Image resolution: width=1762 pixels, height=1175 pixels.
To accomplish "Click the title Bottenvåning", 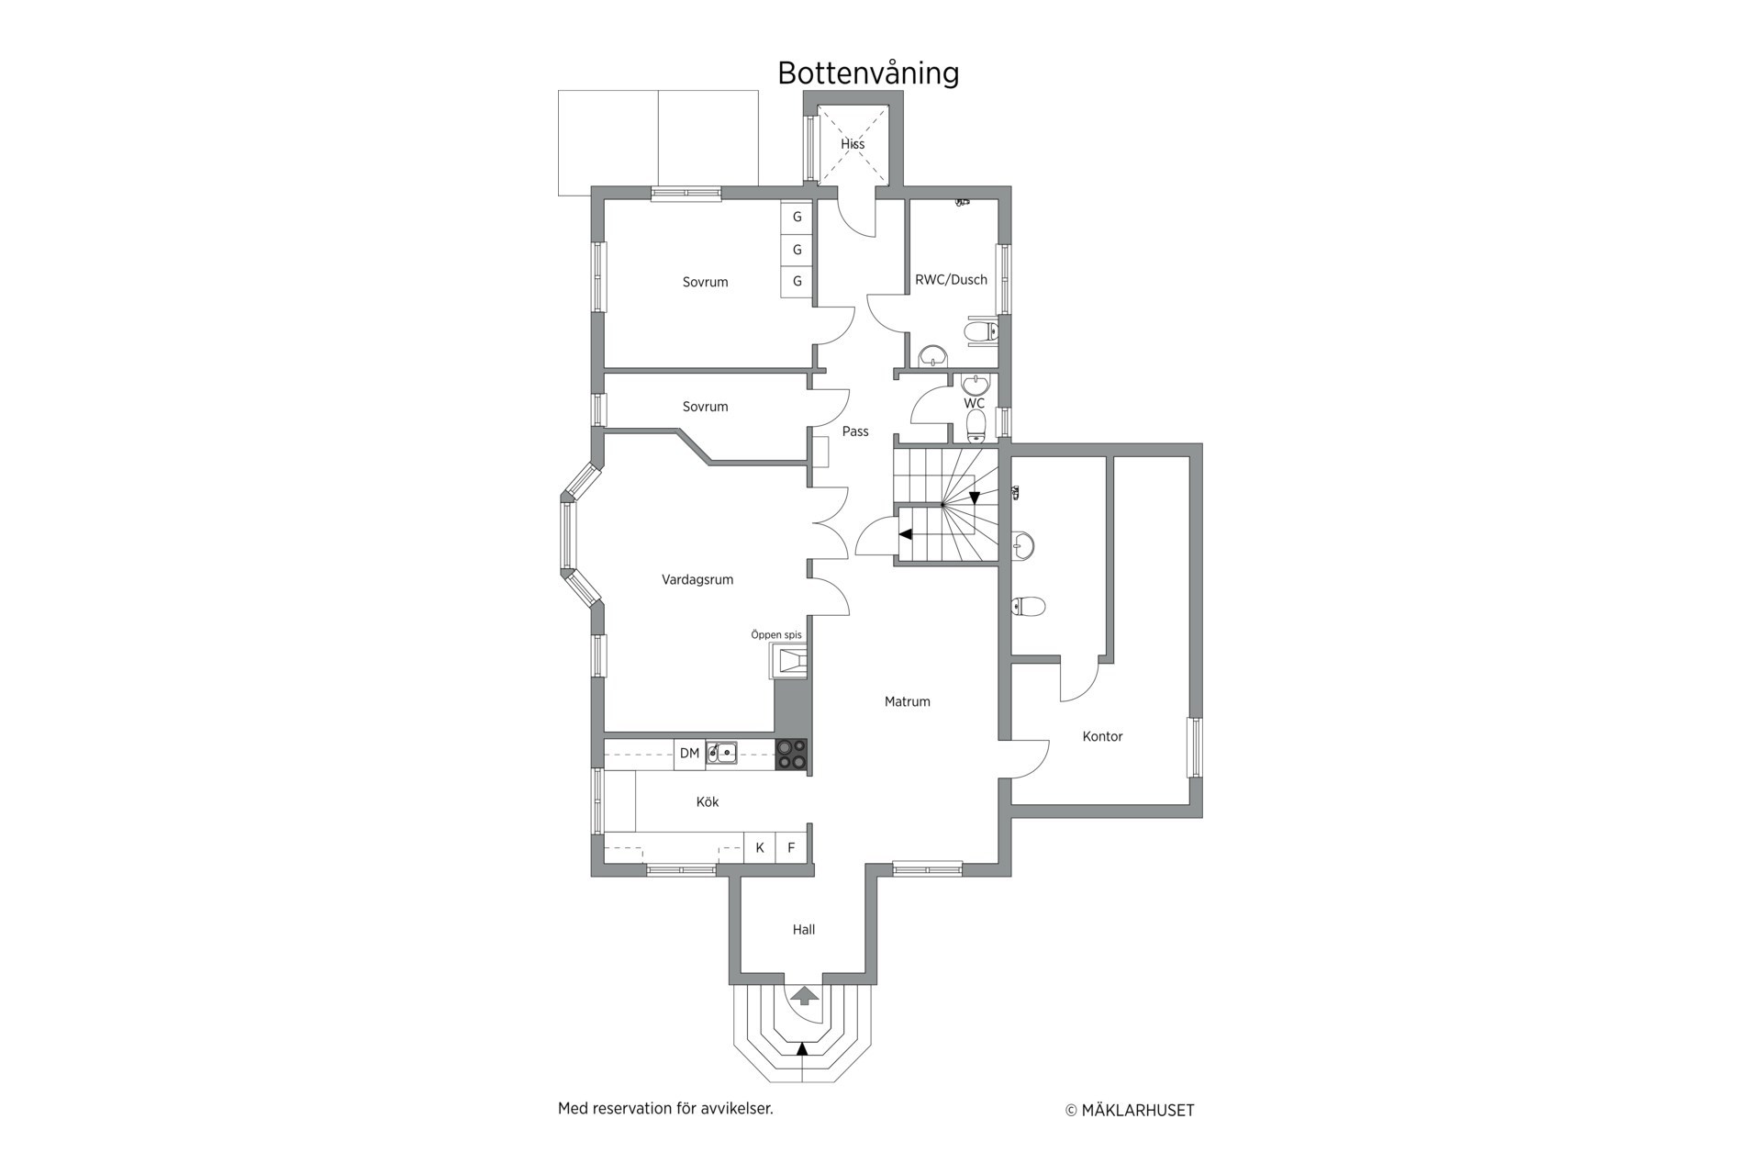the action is point(868,73).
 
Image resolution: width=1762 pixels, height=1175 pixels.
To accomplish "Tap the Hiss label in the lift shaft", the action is point(853,144).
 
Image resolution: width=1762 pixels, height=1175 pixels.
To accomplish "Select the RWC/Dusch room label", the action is point(951,280).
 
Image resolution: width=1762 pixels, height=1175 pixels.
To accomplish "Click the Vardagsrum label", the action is point(697,580).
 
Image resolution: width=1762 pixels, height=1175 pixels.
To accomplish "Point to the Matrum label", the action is point(908,701).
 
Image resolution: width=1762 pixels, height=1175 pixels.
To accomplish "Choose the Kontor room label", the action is point(1102,736).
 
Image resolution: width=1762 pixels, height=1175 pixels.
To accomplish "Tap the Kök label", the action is point(708,802).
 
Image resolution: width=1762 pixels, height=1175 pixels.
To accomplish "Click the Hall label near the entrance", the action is point(804,930).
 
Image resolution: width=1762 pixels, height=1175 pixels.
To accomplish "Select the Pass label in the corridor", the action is point(855,431).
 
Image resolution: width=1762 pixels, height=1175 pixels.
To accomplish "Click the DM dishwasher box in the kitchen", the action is point(689,754).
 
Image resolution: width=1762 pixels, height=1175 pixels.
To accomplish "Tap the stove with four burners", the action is point(792,754).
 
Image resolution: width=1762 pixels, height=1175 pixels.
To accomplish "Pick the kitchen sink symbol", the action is point(721,754).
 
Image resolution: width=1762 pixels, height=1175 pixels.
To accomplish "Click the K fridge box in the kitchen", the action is point(760,847).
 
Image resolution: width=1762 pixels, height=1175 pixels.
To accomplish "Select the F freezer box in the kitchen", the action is point(791,847).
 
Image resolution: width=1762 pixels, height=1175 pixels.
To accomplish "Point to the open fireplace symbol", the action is point(789,661).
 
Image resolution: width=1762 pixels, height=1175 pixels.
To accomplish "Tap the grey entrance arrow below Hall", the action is point(805,996).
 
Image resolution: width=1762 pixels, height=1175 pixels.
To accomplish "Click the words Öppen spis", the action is point(776,635).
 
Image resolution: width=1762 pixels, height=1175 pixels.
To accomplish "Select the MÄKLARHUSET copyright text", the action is point(1130,1111).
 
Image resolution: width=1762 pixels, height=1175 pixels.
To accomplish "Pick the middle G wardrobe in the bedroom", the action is point(797,250).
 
